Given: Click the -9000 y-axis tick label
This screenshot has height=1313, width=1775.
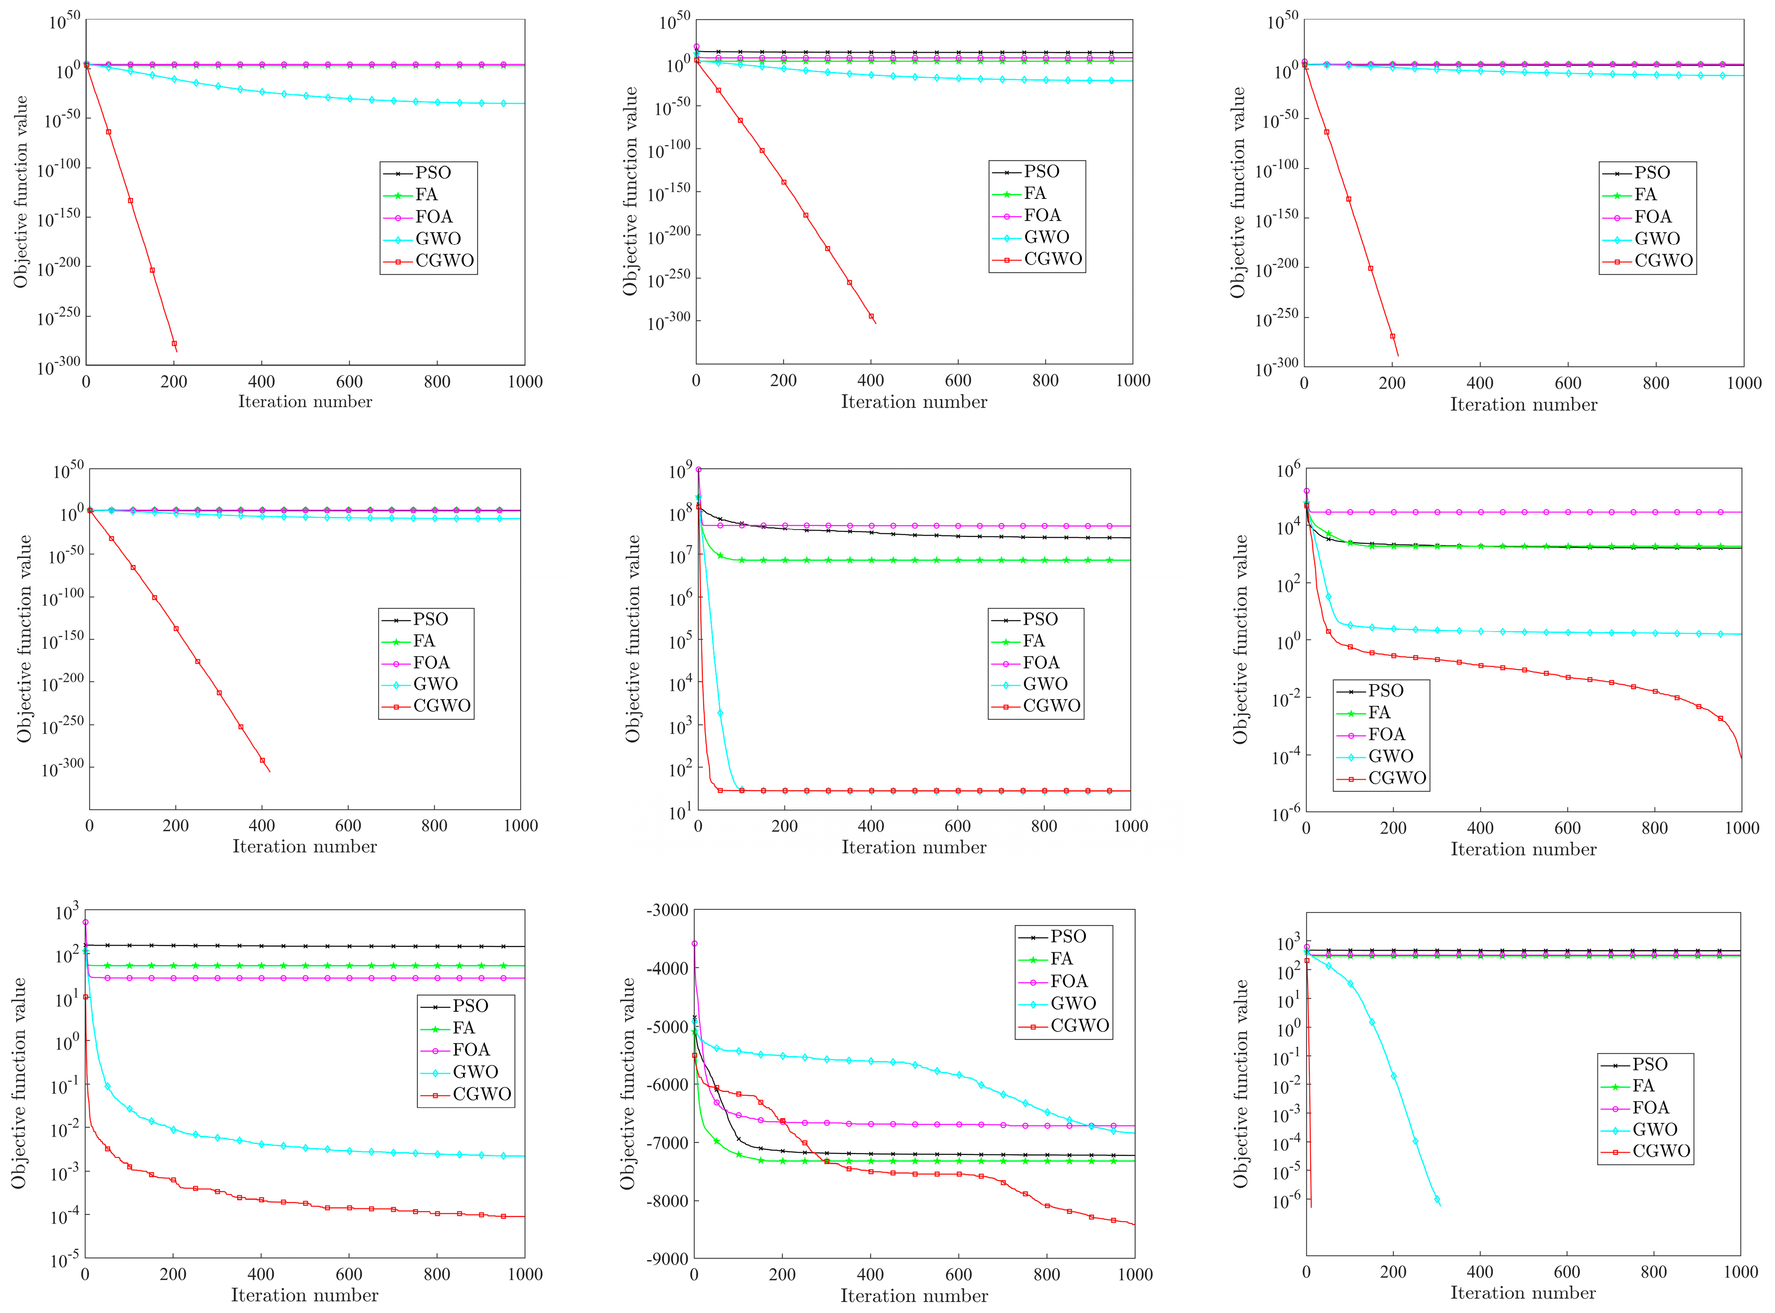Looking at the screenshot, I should click(666, 1260).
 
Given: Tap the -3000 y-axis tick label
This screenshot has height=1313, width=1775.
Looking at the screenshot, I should click(666, 911).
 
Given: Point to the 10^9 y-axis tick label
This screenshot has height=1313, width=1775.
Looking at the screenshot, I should click(680, 471).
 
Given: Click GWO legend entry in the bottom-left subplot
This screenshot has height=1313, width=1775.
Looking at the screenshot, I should click(475, 1072).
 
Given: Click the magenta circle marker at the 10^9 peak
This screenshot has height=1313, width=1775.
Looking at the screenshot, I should click(698, 470).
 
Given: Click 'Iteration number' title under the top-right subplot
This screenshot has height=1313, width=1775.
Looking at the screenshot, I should click(1523, 405).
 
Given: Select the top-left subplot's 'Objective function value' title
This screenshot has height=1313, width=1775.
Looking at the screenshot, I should click(21, 192).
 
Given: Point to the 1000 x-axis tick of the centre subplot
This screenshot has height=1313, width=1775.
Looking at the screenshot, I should click(1130, 826).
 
